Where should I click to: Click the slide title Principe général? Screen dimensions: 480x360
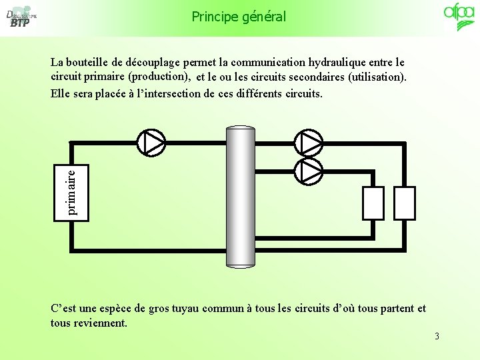tap(239, 16)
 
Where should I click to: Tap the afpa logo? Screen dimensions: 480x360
tap(459, 17)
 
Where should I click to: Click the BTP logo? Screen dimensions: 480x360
tap(20, 18)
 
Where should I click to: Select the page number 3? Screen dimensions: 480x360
tap(437, 336)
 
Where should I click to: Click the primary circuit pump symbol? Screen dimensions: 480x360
tap(151, 141)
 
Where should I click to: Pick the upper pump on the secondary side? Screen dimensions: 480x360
tap(309, 141)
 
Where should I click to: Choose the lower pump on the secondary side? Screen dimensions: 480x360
tap(309, 171)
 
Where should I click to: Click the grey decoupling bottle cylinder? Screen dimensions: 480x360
tap(240, 197)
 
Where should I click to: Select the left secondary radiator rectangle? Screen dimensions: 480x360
tap(373, 203)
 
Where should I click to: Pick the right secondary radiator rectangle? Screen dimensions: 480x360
tap(405, 203)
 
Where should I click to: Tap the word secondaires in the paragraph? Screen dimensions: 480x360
tap(307, 77)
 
